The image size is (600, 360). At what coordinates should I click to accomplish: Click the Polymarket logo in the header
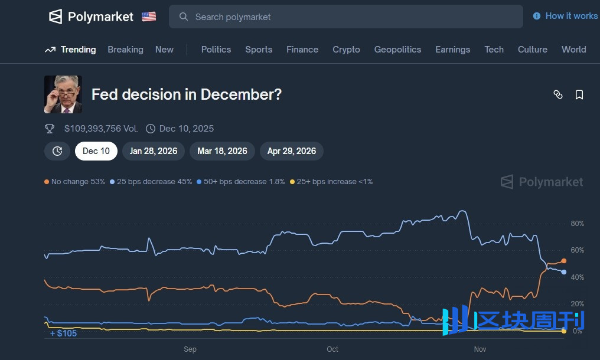pyautogui.click(x=91, y=17)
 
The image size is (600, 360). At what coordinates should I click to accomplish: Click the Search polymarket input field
pyautogui.click(x=345, y=17)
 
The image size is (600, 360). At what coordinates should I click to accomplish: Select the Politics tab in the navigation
pyautogui.click(x=216, y=50)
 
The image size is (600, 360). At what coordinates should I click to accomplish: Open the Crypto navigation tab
pyautogui.click(x=346, y=50)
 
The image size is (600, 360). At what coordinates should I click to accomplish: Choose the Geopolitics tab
pyautogui.click(x=397, y=50)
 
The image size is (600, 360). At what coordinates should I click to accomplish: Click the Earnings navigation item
pyautogui.click(x=452, y=50)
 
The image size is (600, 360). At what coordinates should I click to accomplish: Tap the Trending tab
pyautogui.click(x=70, y=50)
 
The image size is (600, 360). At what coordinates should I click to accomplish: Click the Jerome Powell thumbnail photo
pyautogui.click(x=63, y=94)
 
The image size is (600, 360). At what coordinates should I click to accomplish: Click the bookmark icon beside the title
pyautogui.click(x=579, y=94)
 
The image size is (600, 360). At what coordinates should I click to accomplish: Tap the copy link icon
pyautogui.click(x=558, y=94)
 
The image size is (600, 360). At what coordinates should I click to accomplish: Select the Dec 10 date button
pyautogui.click(x=96, y=151)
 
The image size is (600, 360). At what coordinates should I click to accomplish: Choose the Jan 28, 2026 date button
pyautogui.click(x=154, y=151)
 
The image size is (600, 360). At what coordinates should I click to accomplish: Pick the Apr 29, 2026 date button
pyautogui.click(x=292, y=151)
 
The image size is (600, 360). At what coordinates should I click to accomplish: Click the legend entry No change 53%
pyautogui.click(x=74, y=182)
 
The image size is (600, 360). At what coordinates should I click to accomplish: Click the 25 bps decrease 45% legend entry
pyautogui.click(x=151, y=182)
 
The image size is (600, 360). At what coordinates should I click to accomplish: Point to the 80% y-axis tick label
pyautogui.click(x=577, y=224)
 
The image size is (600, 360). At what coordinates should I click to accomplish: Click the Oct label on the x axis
pyautogui.click(x=332, y=349)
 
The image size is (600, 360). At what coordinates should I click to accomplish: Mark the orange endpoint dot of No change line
pyautogui.click(x=564, y=261)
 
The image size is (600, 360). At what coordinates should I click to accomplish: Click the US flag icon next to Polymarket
pyautogui.click(x=149, y=17)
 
